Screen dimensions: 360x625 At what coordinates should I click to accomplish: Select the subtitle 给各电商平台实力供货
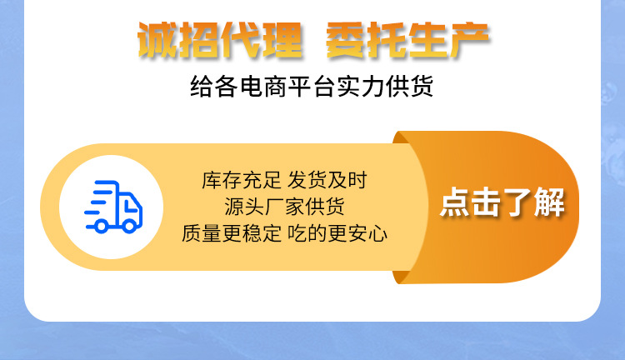[312, 87]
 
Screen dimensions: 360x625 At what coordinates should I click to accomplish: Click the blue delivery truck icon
[114, 207]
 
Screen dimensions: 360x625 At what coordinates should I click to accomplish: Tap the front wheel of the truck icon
[128, 224]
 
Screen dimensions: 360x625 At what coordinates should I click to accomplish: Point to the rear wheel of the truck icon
[102, 224]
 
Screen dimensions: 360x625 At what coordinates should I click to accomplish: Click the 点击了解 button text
[502, 203]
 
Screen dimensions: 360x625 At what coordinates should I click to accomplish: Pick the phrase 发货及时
[327, 180]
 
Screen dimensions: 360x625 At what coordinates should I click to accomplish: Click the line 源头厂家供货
[284, 207]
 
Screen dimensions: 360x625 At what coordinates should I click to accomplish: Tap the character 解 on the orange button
[549, 203]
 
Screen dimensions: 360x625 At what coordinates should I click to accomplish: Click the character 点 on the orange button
[454, 203]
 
